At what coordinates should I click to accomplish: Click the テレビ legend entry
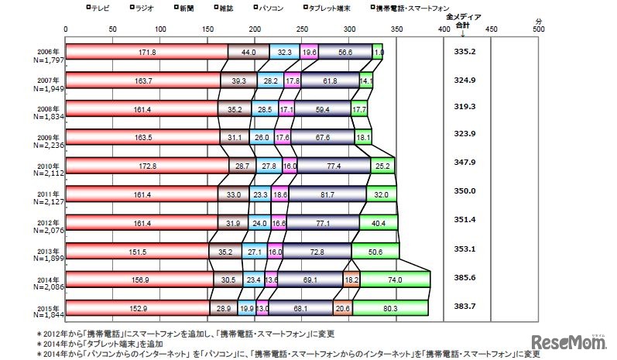(x=99, y=7)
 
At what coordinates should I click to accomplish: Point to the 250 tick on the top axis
(x=303, y=29)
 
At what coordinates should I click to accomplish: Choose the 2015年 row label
(x=46, y=309)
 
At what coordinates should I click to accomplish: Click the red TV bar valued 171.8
(x=146, y=52)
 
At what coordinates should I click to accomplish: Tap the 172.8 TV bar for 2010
(x=147, y=166)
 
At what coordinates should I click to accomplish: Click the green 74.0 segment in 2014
(x=395, y=279)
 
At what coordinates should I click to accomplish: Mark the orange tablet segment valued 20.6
(x=343, y=308)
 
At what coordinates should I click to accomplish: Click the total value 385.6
(x=464, y=276)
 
